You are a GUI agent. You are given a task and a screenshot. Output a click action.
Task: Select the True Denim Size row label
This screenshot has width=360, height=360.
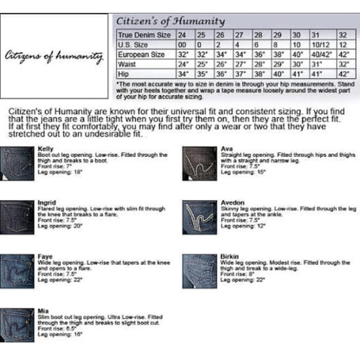144,35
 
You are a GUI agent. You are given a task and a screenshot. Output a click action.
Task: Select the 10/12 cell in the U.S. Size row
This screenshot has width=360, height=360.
318,45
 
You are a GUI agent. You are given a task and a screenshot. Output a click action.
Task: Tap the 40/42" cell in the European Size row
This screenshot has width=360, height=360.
319,54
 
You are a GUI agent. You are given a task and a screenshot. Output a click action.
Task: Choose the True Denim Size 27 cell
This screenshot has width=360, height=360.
239,35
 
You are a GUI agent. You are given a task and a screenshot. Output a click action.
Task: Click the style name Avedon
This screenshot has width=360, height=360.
233,203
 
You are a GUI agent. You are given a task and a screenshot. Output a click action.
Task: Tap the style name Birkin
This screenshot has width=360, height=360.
230,256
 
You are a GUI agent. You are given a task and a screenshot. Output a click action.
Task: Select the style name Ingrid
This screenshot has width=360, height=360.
47,203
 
